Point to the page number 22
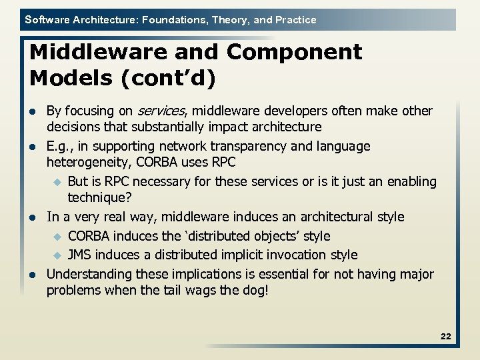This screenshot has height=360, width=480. (x=445, y=337)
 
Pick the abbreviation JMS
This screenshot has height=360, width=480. (x=80, y=255)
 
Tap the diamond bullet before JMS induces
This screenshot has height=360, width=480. (x=57, y=255)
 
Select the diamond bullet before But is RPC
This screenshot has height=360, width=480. (x=57, y=182)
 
